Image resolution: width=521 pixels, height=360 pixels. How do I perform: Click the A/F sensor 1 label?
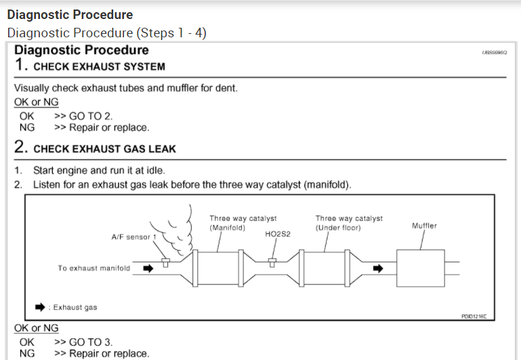(x=134, y=237)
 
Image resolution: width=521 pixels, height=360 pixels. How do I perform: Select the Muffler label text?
(x=424, y=226)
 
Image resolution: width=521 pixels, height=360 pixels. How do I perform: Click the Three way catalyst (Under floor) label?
(x=349, y=223)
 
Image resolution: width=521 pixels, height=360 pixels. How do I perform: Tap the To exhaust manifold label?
(x=94, y=268)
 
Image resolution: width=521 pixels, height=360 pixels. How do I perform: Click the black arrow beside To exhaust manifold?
(x=147, y=268)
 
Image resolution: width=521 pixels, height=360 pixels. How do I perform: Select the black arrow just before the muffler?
(x=378, y=268)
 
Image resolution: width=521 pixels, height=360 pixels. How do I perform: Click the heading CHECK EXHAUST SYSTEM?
(x=99, y=66)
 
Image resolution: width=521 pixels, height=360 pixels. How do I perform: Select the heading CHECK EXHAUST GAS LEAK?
(x=104, y=148)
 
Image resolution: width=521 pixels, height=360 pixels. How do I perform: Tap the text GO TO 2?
(x=82, y=116)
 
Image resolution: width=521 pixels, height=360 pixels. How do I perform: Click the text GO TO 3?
(x=82, y=342)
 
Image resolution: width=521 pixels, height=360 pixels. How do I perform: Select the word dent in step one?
(x=226, y=88)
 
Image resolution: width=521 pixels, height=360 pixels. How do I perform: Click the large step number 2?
(x=20, y=147)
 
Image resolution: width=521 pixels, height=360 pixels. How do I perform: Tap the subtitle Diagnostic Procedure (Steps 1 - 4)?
(x=106, y=33)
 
